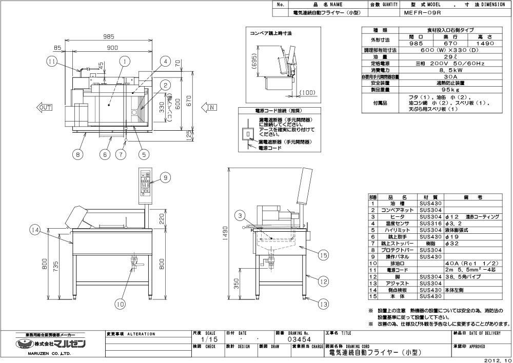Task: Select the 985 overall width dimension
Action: coord(107,37)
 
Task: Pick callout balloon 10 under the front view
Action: coord(120,304)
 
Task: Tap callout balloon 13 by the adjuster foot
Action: coord(323,304)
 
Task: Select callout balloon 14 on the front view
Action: coord(35,230)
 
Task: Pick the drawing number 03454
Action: coord(297,339)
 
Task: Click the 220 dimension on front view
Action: coord(163,219)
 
